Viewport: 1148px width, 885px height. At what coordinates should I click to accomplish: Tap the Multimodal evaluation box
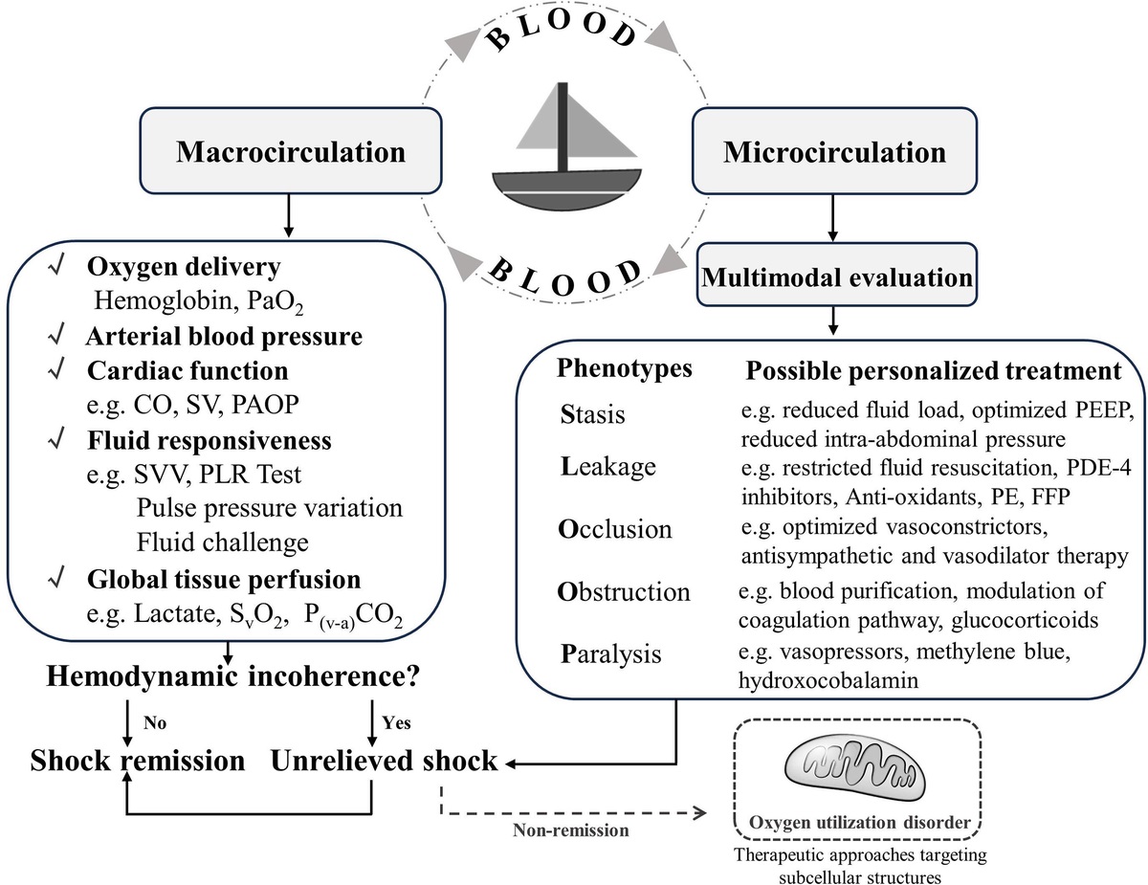click(x=835, y=277)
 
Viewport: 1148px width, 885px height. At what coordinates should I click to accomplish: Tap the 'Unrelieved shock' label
click(x=385, y=761)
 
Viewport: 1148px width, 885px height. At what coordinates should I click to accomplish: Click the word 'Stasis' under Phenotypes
click(x=593, y=416)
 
